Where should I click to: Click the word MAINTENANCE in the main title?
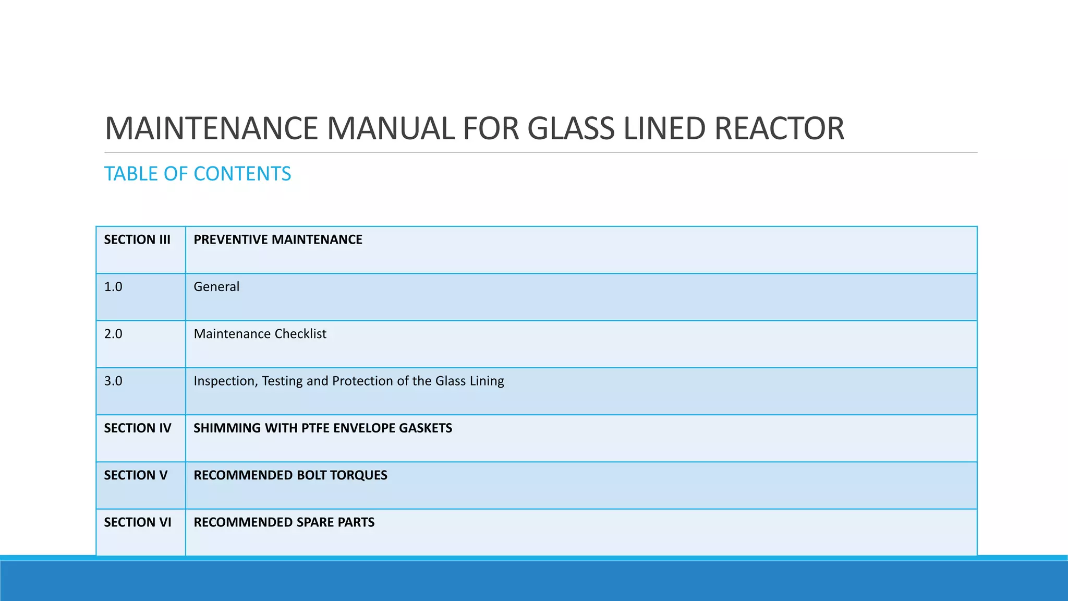(x=211, y=128)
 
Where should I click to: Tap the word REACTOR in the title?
(x=779, y=128)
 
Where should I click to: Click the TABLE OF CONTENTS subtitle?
(x=198, y=174)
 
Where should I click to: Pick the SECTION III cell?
(x=137, y=240)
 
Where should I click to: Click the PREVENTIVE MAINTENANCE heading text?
(x=278, y=240)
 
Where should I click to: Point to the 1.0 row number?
(x=113, y=287)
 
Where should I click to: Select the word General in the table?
(x=216, y=287)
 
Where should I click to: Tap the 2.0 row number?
(x=113, y=334)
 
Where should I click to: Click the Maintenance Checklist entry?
(x=260, y=334)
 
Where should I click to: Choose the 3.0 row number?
(x=113, y=381)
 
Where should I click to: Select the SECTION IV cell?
(x=138, y=428)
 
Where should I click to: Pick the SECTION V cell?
(x=136, y=475)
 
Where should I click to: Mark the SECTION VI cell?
(x=138, y=522)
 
